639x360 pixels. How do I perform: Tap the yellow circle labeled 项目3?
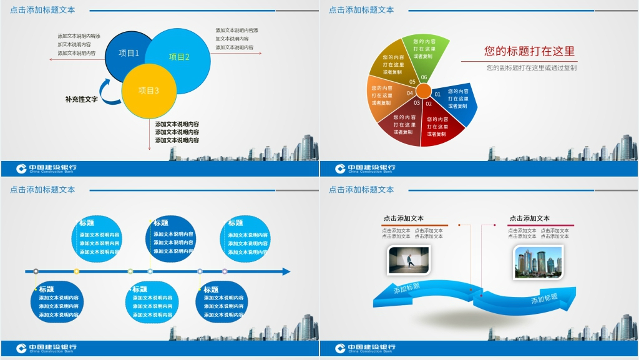coord(149,91)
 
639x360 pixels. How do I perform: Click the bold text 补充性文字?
coord(81,99)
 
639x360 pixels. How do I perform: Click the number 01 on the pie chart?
coord(437,94)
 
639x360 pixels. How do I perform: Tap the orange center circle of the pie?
coord(424,92)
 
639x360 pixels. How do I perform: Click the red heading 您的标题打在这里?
coord(529,52)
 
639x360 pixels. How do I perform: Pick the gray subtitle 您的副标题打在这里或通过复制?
coord(532,67)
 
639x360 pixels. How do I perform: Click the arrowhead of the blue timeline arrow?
coord(286,271)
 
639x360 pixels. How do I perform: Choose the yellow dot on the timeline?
coord(77,271)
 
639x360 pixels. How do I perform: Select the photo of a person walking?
coord(409,260)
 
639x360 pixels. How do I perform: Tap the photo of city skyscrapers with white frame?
coord(538,261)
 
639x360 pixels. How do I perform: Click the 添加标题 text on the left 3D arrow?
coord(407,288)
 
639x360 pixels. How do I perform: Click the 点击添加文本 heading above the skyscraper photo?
coord(529,218)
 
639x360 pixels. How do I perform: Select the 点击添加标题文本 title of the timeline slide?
coord(42,190)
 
